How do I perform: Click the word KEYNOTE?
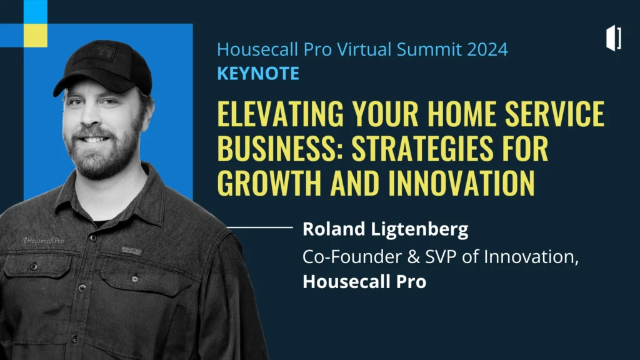[258, 74]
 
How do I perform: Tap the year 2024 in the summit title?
[487, 49]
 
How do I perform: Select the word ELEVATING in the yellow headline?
[281, 113]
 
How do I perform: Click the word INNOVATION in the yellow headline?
[461, 182]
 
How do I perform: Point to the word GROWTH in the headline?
[270, 182]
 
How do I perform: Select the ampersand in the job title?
[414, 257]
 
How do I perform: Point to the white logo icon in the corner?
[614, 38]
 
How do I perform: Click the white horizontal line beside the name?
[260, 227]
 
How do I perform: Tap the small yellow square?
[36, 36]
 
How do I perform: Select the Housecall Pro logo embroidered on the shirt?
[43, 241]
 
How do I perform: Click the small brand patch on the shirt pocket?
[131, 251]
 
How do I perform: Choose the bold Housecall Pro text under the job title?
[364, 282]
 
